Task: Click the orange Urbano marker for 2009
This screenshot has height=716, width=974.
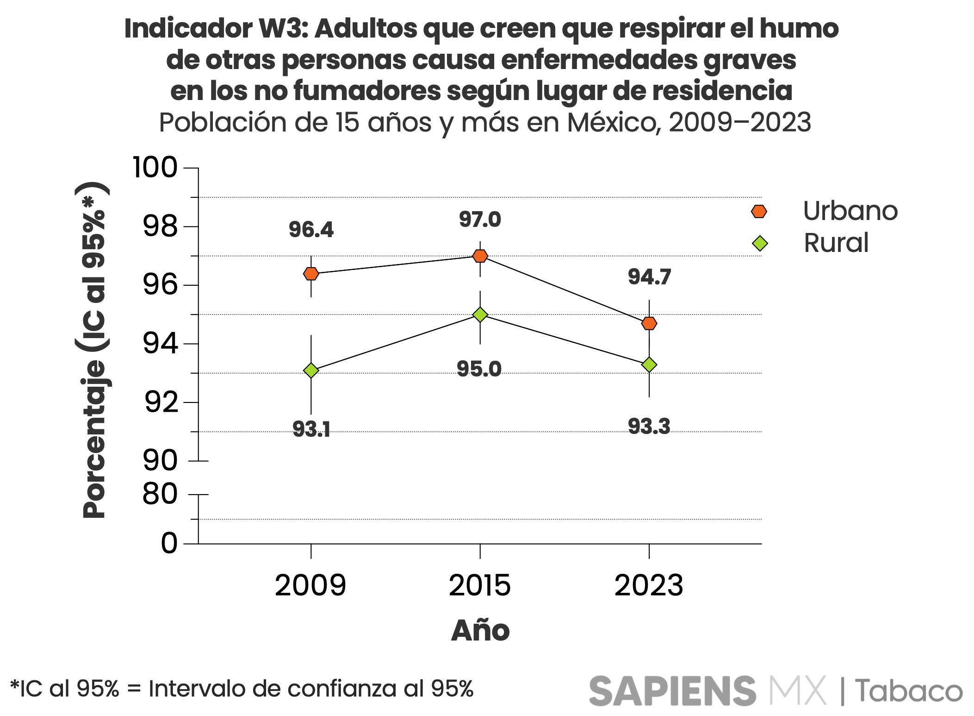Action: pyautogui.click(x=311, y=274)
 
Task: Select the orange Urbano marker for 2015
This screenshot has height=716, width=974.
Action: pyautogui.click(x=480, y=256)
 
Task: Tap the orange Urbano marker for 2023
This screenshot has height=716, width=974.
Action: pyautogui.click(x=649, y=323)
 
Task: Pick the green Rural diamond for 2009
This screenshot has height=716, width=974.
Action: pyautogui.click(x=311, y=371)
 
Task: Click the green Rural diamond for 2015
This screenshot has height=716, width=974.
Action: pyautogui.click(x=480, y=314)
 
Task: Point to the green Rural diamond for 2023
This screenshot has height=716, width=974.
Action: pyautogui.click(x=649, y=365)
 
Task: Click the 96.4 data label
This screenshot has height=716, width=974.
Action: pyautogui.click(x=311, y=230)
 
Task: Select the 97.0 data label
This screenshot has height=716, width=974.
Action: pyautogui.click(x=480, y=220)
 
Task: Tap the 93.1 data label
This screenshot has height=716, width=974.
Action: pyautogui.click(x=311, y=429)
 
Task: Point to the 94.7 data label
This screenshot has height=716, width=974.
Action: pyautogui.click(x=649, y=277)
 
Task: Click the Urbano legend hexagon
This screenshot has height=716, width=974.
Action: pyautogui.click(x=759, y=212)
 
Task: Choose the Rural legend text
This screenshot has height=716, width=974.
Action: pyautogui.click(x=836, y=243)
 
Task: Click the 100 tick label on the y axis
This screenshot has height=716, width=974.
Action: pyautogui.click(x=155, y=167)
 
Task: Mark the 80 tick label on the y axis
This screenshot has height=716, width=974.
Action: pyautogui.click(x=160, y=494)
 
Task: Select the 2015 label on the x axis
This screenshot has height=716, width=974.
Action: pyautogui.click(x=480, y=585)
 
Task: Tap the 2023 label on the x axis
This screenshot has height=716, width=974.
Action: pyautogui.click(x=649, y=585)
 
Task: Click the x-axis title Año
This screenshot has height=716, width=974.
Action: pyautogui.click(x=480, y=630)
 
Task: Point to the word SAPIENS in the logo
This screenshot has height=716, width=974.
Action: pyautogui.click(x=672, y=691)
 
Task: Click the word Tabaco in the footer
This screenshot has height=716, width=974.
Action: pyautogui.click(x=908, y=691)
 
